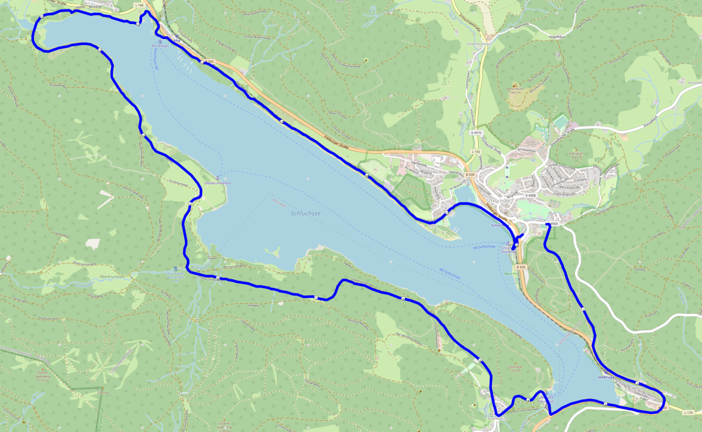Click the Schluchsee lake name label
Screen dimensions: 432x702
point(306,214)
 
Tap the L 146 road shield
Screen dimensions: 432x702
point(139,5)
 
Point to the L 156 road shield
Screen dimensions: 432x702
point(476,152)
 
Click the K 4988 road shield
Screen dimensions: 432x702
point(531,195)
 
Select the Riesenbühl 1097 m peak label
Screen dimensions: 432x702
point(515,90)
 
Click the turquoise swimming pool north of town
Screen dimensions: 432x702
point(560,122)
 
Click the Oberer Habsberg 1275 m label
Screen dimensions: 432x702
point(42,375)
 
